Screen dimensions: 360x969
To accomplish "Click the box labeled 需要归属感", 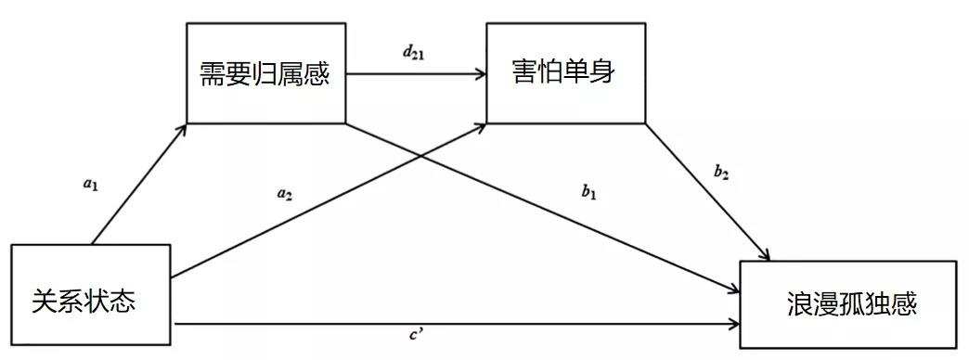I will coord(265,71).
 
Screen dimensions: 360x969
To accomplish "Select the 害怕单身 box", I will coord(564,71).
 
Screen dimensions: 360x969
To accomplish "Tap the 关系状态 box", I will coord(90,296).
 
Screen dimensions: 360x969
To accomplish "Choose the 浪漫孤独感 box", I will coord(846,303).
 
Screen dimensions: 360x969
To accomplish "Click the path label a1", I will coord(90,184).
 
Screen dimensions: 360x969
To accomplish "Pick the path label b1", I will coord(588,192).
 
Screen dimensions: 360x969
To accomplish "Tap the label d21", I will coord(415,52).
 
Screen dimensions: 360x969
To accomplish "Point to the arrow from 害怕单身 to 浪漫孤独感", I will coord(707,190).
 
